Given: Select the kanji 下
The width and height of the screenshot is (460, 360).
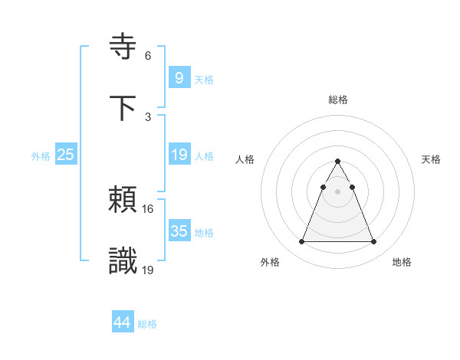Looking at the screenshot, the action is pyautogui.click(x=123, y=108).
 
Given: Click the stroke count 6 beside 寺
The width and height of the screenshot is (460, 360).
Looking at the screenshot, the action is pyautogui.click(x=148, y=56).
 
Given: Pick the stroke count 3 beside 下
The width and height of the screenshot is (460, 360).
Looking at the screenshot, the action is pyautogui.click(x=148, y=116).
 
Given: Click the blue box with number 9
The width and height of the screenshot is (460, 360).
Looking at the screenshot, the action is pyautogui.click(x=179, y=77).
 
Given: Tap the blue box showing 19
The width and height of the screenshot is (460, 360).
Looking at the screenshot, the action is pyautogui.click(x=179, y=155).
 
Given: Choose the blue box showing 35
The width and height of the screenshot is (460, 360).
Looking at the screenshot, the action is pyautogui.click(x=179, y=231).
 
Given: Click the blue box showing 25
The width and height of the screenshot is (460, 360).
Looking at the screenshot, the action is pyautogui.click(x=65, y=155).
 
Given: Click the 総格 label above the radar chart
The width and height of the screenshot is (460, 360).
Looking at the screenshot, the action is pyautogui.click(x=338, y=100).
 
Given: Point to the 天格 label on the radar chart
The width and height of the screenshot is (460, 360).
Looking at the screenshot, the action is pyautogui.click(x=432, y=159).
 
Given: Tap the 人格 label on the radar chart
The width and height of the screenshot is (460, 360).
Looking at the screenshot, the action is pyautogui.click(x=246, y=159).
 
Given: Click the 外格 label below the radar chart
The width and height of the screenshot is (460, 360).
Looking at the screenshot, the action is pyautogui.click(x=270, y=263).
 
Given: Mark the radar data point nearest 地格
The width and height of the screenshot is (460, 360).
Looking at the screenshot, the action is pyautogui.click(x=374, y=242).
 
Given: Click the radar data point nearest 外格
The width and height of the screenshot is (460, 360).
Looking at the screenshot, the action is pyautogui.click(x=301, y=242).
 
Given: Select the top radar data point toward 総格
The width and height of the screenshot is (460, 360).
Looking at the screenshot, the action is pyautogui.click(x=337, y=162).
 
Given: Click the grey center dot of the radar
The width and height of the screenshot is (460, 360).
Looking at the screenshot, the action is pyautogui.click(x=337, y=191).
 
